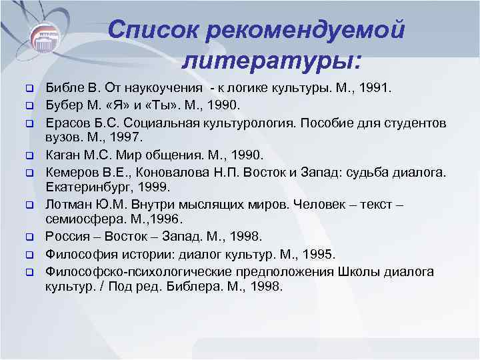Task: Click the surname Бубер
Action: click(63, 105)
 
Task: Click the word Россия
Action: click(67, 237)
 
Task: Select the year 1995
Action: click(319, 254)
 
